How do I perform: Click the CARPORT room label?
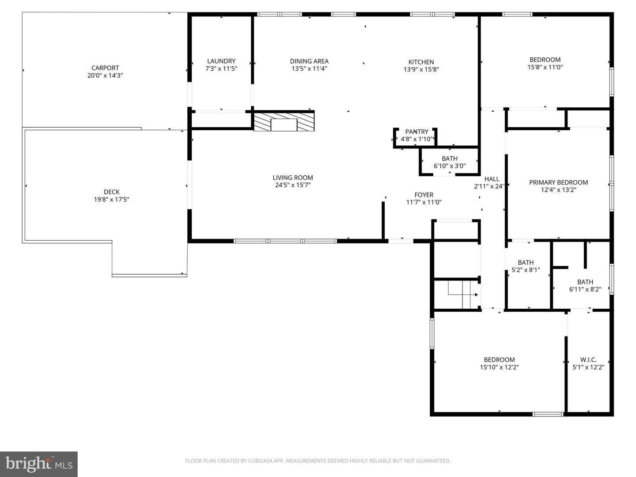(x=105, y=68)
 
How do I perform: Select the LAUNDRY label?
(x=221, y=61)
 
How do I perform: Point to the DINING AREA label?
(x=309, y=61)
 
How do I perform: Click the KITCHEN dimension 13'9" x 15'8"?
(x=421, y=69)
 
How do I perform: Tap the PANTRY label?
(x=416, y=132)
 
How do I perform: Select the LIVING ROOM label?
(x=293, y=178)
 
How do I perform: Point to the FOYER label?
(x=424, y=195)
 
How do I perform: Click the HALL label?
(x=492, y=179)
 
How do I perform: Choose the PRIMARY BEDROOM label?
(x=558, y=182)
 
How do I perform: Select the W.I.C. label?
(x=588, y=360)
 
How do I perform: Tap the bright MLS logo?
(x=39, y=464)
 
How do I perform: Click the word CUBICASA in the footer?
(x=259, y=461)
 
